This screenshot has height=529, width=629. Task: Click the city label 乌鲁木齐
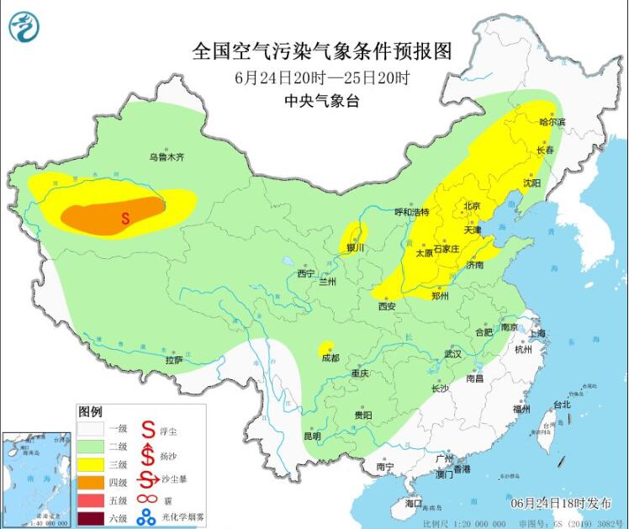click(x=166, y=156)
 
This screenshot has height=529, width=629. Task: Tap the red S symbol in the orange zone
click(x=125, y=218)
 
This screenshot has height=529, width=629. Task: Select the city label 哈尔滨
click(x=552, y=122)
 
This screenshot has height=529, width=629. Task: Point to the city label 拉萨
click(x=173, y=359)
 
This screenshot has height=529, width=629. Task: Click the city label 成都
click(x=330, y=357)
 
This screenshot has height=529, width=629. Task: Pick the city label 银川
click(x=354, y=248)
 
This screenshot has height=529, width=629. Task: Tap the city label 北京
click(x=470, y=206)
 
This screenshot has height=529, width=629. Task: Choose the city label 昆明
click(x=312, y=436)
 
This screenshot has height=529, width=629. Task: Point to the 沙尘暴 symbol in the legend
click(x=148, y=481)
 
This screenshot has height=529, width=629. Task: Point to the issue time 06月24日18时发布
click(x=561, y=503)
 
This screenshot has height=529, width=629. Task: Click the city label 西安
click(x=387, y=306)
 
